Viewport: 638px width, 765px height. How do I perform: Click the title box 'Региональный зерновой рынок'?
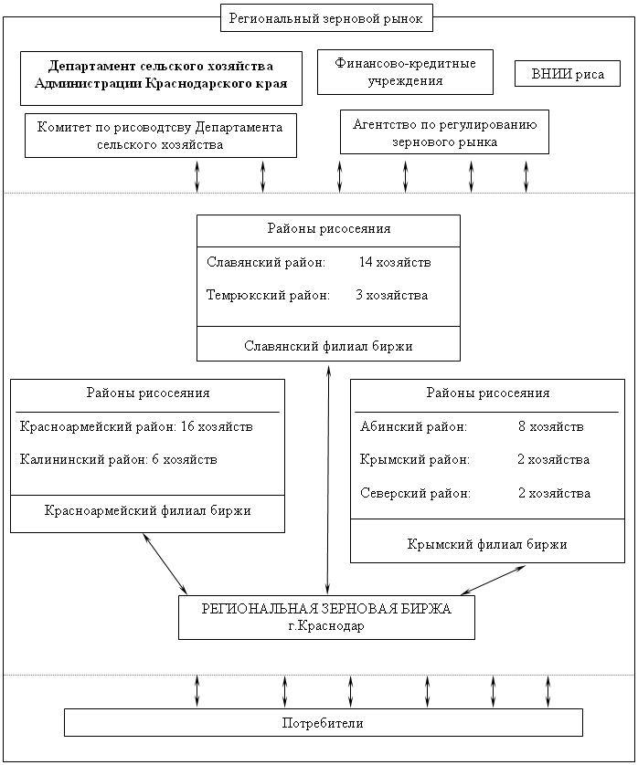click(x=326, y=18)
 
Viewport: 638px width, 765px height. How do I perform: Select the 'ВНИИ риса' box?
click(x=568, y=74)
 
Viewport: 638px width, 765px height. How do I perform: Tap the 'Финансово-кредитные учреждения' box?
click(x=405, y=72)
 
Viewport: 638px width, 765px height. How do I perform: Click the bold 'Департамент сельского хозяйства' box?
click(x=161, y=79)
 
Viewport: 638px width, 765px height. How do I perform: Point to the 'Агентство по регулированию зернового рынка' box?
click(x=444, y=131)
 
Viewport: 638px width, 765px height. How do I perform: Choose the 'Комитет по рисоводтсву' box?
click(x=161, y=136)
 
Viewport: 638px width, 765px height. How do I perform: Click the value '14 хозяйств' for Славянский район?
click(x=395, y=263)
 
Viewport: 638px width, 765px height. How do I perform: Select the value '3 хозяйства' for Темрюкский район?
click(x=392, y=295)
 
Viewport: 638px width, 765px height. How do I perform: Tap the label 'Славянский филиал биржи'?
click(x=328, y=346)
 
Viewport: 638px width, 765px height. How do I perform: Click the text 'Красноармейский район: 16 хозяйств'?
click(x=136, y=426)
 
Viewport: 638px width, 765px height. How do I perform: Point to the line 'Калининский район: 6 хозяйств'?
click(x=118, y=459)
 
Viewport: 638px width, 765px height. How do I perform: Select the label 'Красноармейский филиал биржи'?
click(x=147, y=511)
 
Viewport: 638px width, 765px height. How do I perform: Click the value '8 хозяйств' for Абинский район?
click(x=551, y=426)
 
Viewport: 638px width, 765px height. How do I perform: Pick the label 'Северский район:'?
click(x=415, y=493)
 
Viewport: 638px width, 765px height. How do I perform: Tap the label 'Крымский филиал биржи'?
click(x=487, y=544)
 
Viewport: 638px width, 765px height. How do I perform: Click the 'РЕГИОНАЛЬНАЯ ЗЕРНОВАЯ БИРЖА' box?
click(x=326, y=617)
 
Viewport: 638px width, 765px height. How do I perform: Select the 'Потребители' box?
click(x=324, y=723)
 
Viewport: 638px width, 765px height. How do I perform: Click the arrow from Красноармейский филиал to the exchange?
click(x=165, y=563)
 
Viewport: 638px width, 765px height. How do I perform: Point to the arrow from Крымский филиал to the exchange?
click(x=493, y=580)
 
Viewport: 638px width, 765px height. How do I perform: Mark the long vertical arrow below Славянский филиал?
click(x=328, y=478)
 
